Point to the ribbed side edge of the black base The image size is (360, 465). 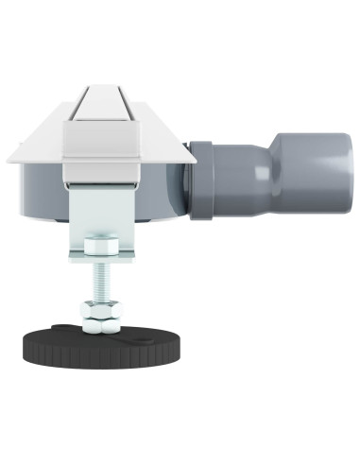[94, 360]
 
